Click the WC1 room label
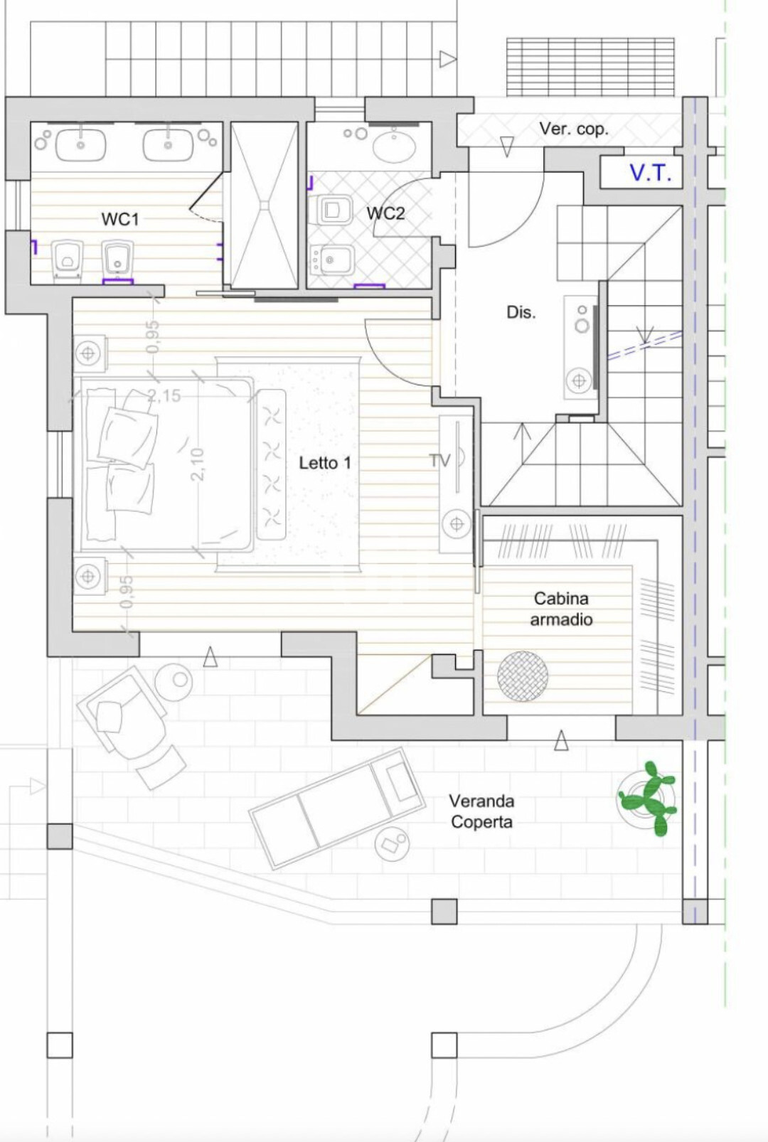120,219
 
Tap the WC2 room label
385,213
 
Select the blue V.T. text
651,174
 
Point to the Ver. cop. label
574,129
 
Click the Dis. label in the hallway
521,312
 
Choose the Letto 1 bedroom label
325,463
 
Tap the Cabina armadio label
561,609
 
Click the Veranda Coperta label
481,811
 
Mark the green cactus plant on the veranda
648,798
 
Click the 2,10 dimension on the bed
198,464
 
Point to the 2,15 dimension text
164,395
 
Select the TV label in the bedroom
440,461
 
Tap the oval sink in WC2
394,145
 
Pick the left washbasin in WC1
80,145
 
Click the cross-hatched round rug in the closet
523,676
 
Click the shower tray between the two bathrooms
264,205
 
